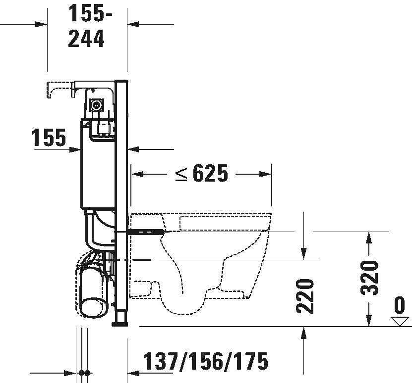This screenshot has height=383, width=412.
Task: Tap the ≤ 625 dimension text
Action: [201, 174]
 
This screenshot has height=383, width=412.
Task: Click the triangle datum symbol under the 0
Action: [399, 321]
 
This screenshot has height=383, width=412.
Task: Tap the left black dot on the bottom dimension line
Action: [81, 373]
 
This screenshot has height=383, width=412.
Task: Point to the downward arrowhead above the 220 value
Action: [303, 253]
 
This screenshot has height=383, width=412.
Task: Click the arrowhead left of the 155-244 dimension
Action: [42, 24]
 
